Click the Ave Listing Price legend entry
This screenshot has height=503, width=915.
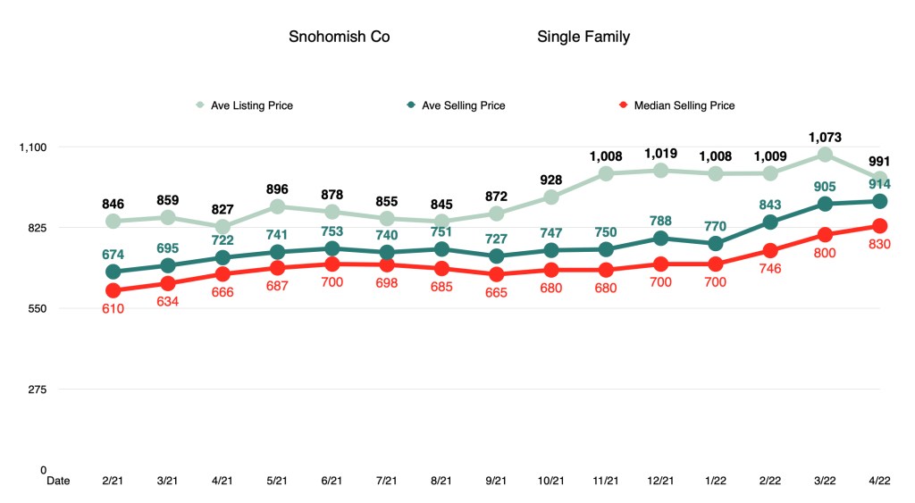[x=251, y=105]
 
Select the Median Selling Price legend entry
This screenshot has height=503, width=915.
[x=684, y=105]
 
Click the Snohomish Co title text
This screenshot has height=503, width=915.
[x=339, y=38]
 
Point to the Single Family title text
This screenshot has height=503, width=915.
[x=583, y=38]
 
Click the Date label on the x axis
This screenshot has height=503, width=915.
[x=58, y=481]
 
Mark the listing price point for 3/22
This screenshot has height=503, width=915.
[x=825, y=155]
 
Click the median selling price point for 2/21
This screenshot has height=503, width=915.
[x=113, y=290]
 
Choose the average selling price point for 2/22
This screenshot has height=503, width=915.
[x=770, y=222]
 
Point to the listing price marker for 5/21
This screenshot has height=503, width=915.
[x=277, y=206]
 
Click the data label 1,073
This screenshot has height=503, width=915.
[x=825, y=137]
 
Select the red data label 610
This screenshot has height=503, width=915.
[x=113, y=308]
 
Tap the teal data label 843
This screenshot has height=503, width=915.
[x=770, y=205]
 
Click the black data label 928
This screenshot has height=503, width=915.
[x=551, y=180]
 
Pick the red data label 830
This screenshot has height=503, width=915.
[x=879, y=244]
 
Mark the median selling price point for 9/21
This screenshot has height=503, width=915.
[x=497, y=274]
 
